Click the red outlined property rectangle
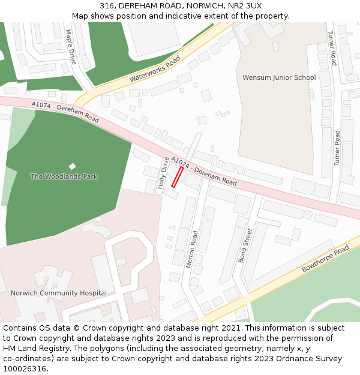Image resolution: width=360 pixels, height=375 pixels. point(178,177)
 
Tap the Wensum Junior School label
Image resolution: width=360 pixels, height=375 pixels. point(279,78)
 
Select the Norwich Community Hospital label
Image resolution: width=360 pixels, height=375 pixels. point(59,293)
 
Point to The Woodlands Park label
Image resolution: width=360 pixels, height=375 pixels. point(64,177)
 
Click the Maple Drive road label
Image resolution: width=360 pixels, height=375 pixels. point(71,47)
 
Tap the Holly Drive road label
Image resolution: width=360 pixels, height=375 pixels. point(163,173)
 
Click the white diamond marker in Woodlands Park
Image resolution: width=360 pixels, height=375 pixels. point(73,166)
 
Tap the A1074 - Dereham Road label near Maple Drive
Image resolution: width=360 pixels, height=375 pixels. point(65,112)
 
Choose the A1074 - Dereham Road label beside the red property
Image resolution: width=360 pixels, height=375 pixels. point(204,171)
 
